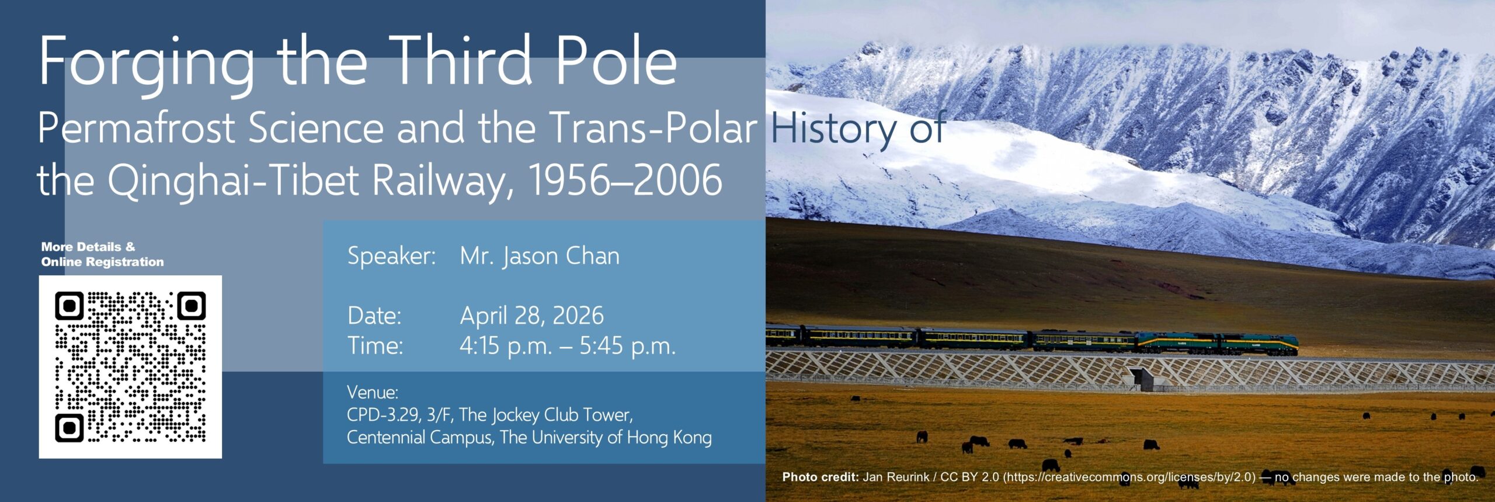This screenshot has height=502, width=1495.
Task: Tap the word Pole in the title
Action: coord(616,60)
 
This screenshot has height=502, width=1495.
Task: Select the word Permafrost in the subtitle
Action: coord(137,128)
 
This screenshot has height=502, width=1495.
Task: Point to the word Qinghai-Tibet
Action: coord(233,182)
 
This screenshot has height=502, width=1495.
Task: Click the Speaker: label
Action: coord(392,257)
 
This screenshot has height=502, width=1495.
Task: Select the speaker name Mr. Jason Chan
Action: coord(540,256)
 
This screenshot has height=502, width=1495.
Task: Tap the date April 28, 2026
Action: coord(531,316)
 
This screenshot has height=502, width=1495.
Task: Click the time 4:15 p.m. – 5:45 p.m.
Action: coord(568,346)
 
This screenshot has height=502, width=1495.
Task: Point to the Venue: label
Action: coord(373,392)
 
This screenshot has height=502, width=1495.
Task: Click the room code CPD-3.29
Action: coord(383,415)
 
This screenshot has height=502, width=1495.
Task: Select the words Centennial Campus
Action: coord(420,438)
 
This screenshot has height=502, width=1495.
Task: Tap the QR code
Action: coord(130,366)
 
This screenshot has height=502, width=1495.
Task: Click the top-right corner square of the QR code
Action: coord(192,306)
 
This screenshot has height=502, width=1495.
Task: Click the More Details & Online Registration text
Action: coord(103,254)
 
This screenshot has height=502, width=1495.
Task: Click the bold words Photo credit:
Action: coord(820,477)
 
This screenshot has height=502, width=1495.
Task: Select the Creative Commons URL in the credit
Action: coord(1129,477)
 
